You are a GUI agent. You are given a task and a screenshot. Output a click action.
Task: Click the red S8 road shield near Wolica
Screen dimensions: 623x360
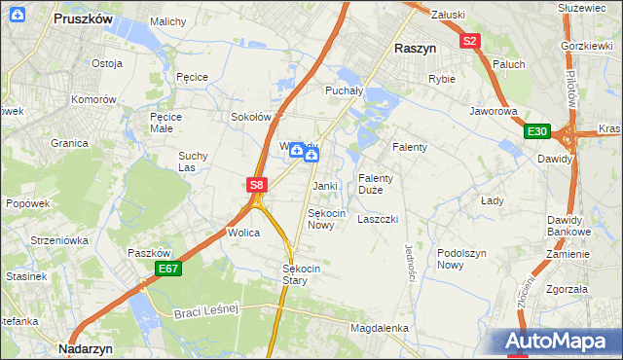[255, 184]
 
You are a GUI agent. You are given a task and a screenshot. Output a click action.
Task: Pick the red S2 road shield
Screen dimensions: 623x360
[470, 41]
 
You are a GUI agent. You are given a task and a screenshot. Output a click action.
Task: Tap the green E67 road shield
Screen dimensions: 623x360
[167, 269]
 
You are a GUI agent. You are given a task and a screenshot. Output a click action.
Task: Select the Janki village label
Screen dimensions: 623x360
[324, 185]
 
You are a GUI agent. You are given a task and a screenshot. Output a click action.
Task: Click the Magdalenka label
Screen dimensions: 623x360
[380, 329]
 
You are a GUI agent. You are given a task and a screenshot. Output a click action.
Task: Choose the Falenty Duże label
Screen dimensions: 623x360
[376, 184]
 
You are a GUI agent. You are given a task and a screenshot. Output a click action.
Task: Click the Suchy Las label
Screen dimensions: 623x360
[193, 161]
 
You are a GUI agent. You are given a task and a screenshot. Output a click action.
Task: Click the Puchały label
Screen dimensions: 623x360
[343, 90]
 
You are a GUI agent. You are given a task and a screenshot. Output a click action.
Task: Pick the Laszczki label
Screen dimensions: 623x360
[378, 220]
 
